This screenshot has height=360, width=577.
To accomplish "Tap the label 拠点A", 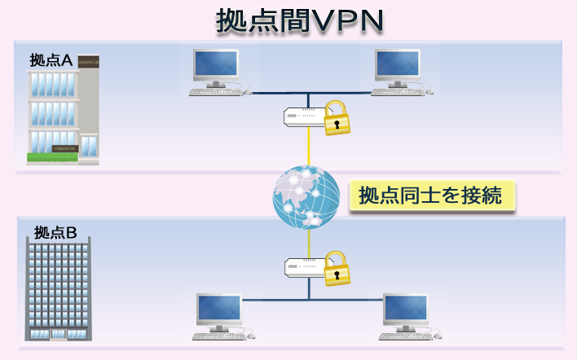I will click(51, 60).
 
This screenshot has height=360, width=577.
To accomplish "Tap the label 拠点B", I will click(55, 233).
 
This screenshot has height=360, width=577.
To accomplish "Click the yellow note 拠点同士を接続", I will click(432, 195).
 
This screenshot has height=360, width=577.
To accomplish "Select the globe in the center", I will click(307, 195).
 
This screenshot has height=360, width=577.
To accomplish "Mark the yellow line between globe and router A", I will click(309, 147).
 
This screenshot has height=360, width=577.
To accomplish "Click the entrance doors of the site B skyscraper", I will click(59, 334).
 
